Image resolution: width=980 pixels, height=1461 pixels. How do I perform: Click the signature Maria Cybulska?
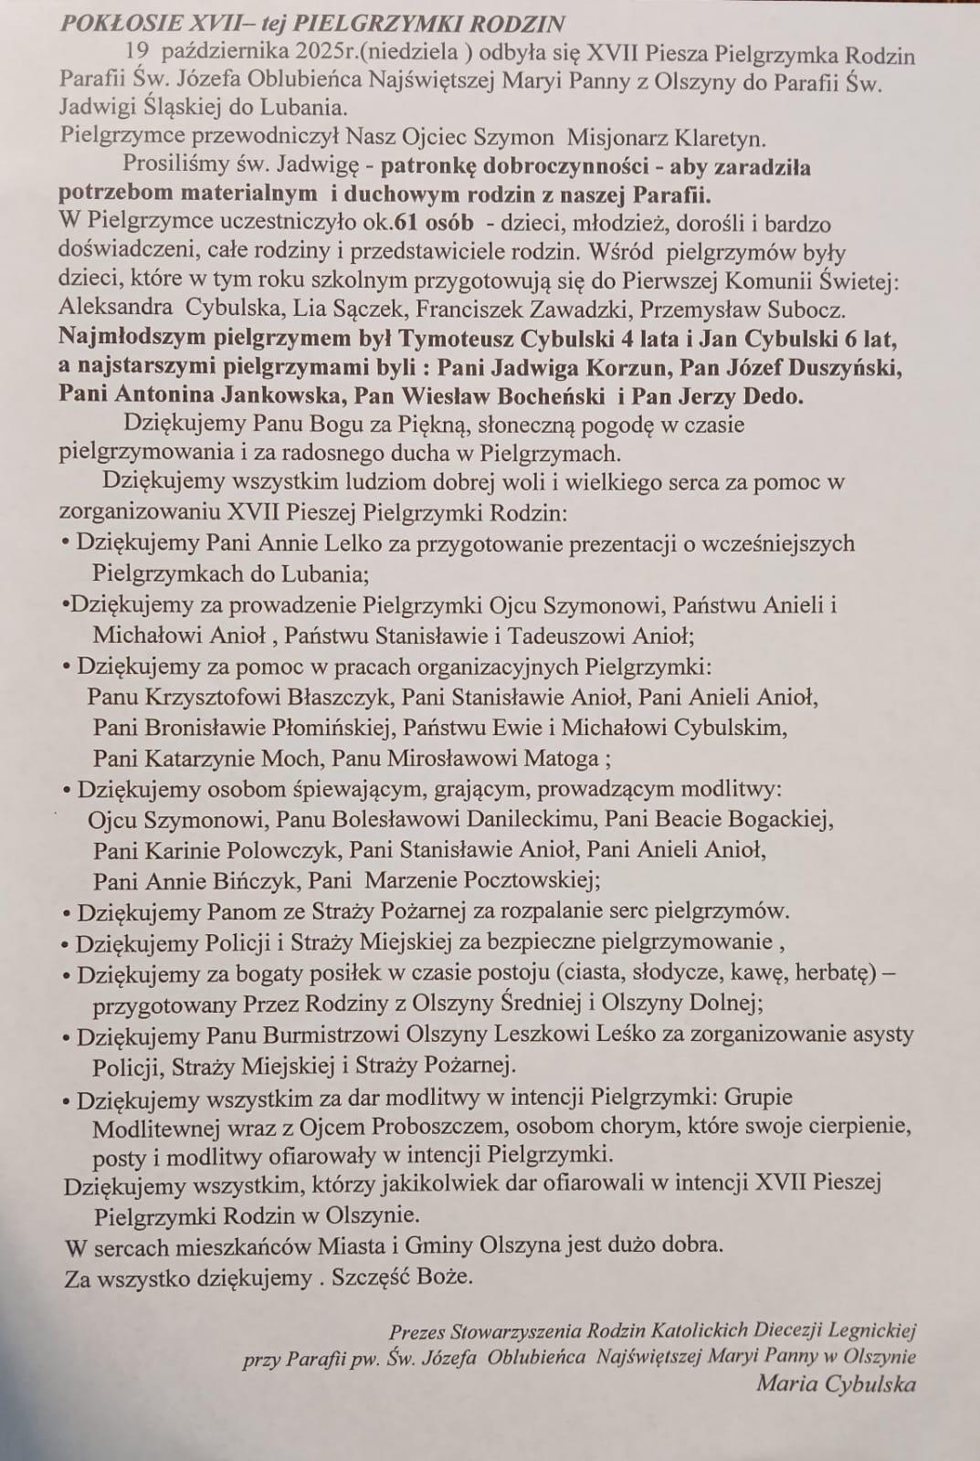point(835,1384)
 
